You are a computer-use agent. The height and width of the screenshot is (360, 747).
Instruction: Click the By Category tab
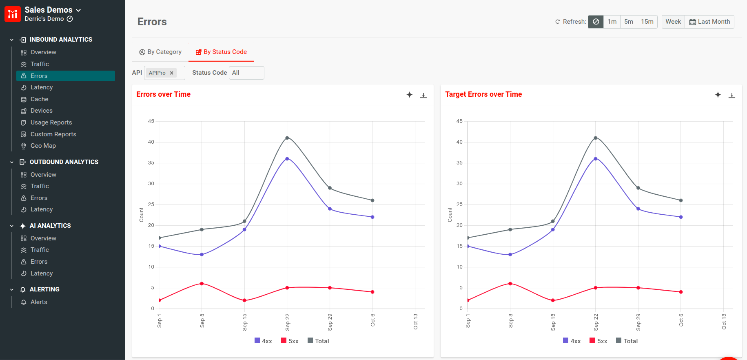point(160,52)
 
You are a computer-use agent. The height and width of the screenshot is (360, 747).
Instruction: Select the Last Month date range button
point(709,22)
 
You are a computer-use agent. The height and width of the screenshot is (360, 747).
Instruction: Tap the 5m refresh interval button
point(628,22)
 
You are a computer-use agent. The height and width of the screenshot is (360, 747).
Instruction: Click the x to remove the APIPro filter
point(172,73)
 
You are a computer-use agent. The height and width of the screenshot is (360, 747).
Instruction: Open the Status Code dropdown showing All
point(246,73)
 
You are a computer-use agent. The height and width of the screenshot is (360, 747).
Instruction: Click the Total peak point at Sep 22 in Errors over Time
point(287,138)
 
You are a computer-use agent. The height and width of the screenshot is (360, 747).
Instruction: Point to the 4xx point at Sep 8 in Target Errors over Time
point(510,255)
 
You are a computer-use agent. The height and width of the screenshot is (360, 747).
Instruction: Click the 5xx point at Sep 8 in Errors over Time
point(202,284)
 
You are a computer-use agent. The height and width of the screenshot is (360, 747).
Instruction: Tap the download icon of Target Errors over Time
point(732,95)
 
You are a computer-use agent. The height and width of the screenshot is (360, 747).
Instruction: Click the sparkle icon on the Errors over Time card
point(410,95)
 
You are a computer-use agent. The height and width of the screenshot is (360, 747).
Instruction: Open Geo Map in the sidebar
point(43,146)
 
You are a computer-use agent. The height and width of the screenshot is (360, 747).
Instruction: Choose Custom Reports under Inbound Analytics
point(53,134)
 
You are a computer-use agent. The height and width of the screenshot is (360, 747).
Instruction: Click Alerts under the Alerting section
point(39,302)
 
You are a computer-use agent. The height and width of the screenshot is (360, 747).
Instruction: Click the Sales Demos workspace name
point(49,10)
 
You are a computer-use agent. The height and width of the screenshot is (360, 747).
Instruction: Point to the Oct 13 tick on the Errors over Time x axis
point(415,321)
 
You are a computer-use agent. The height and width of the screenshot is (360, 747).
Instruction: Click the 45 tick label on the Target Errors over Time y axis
point(459,121)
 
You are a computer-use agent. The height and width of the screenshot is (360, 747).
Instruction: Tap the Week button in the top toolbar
point(673,22)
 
